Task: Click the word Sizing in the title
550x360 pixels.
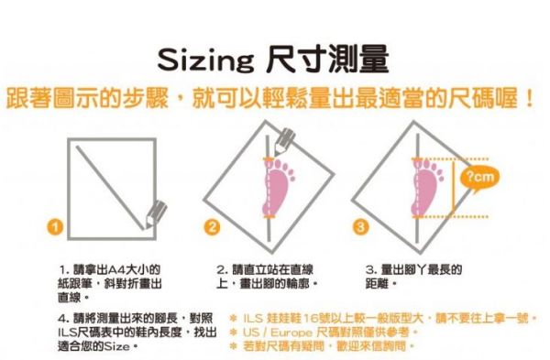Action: pos(205,60)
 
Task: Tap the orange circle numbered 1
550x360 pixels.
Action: pos(55,227)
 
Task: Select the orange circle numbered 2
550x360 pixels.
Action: pos(213,227)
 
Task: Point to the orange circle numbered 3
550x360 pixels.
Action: pos(360,227)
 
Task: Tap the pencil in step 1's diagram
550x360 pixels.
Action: pos(156,214)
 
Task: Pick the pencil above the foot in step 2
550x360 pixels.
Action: pos(284,142)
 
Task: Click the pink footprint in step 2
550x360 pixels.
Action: pos(278,187)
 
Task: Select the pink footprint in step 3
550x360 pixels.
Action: pos(426,187)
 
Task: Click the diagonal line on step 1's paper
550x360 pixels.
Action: pos(111,188)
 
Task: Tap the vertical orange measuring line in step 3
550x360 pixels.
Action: pos(453,188)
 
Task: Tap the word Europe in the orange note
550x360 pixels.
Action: pos(291,333)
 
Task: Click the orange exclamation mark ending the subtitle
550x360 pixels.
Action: pos(529,99)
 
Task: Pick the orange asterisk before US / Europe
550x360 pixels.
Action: pos(233,332)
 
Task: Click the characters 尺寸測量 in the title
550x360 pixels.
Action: pos(327,60)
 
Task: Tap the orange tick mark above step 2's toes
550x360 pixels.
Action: pos(269,159)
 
